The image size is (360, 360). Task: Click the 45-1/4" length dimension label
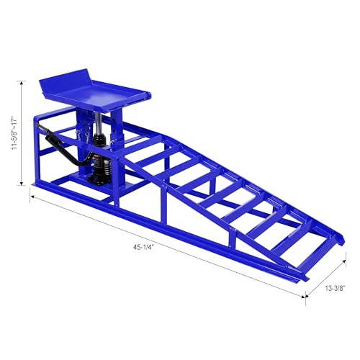(x=143, y=248)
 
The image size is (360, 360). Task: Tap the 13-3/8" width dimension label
(x=335, y=288)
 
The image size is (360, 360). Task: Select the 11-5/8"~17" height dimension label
(x=15, y=134)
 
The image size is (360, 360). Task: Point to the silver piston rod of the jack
(x=97, y=123)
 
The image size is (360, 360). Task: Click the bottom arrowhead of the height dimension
(x=22, y=183)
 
